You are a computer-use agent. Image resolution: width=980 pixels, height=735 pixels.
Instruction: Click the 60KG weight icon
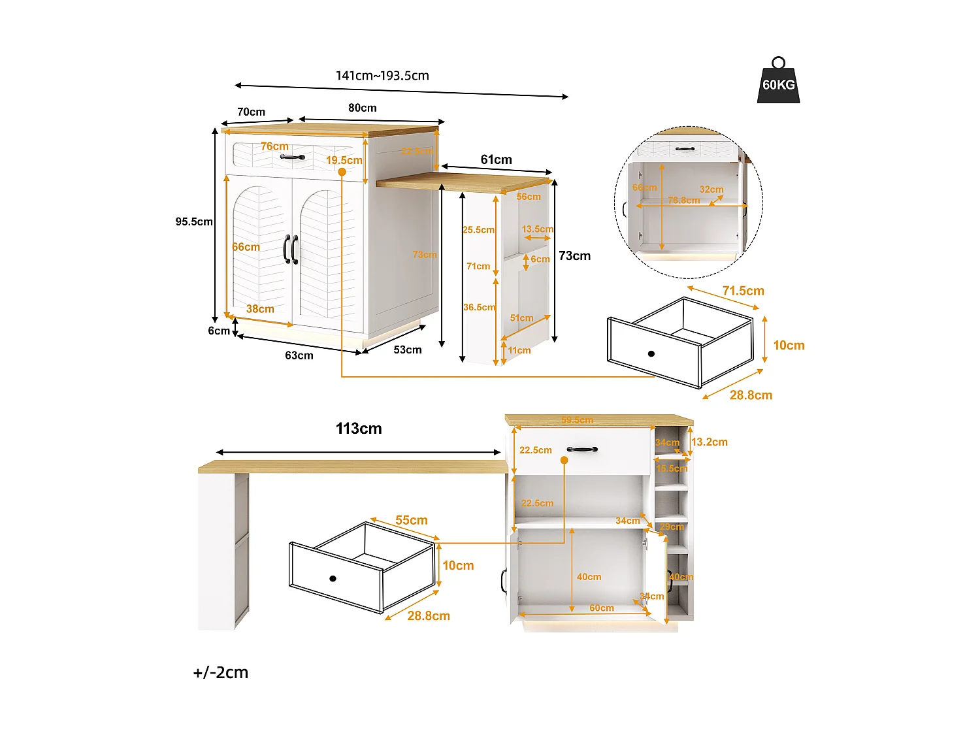coord(778,82)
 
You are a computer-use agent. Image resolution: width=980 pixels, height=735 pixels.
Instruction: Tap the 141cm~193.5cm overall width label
coord(382,75)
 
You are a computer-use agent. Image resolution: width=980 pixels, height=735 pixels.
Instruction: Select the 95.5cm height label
coord(193,221)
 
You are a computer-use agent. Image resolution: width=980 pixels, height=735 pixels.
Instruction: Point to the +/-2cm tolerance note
coord(220,672)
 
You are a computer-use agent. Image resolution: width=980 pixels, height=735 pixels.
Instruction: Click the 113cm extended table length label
coord(359,429)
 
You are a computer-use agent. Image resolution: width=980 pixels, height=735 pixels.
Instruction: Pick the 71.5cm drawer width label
coord(743,291)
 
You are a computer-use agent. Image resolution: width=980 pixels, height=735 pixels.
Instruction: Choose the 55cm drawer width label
coord(411,520)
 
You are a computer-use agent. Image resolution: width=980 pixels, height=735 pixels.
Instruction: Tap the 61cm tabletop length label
coord(496,159)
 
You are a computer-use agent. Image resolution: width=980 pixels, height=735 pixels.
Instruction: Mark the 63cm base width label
coord(299,355)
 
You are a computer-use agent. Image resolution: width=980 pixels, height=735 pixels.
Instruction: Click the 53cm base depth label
coord(407,350)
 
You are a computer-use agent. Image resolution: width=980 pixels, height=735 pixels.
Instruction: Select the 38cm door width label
coord(260,309)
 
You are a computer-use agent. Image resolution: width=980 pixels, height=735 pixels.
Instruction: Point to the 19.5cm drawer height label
coord(344,160)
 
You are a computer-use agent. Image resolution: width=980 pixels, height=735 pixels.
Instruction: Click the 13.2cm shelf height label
coord(709,442)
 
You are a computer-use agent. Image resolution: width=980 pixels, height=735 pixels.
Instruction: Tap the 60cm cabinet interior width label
coord(601,608)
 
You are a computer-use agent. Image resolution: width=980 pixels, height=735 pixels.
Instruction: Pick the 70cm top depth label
coord(251,112)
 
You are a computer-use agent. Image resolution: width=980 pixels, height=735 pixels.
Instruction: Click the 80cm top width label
coord(362,108)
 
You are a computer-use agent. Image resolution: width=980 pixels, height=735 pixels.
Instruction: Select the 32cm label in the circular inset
coord(711,189)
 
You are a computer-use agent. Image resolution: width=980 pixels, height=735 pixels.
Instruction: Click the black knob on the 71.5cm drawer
coord(651,353)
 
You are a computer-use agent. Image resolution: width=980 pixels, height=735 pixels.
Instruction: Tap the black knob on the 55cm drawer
coord(333,578)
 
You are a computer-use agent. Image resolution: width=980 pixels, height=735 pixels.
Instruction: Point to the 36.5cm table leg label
coord(479,307)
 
